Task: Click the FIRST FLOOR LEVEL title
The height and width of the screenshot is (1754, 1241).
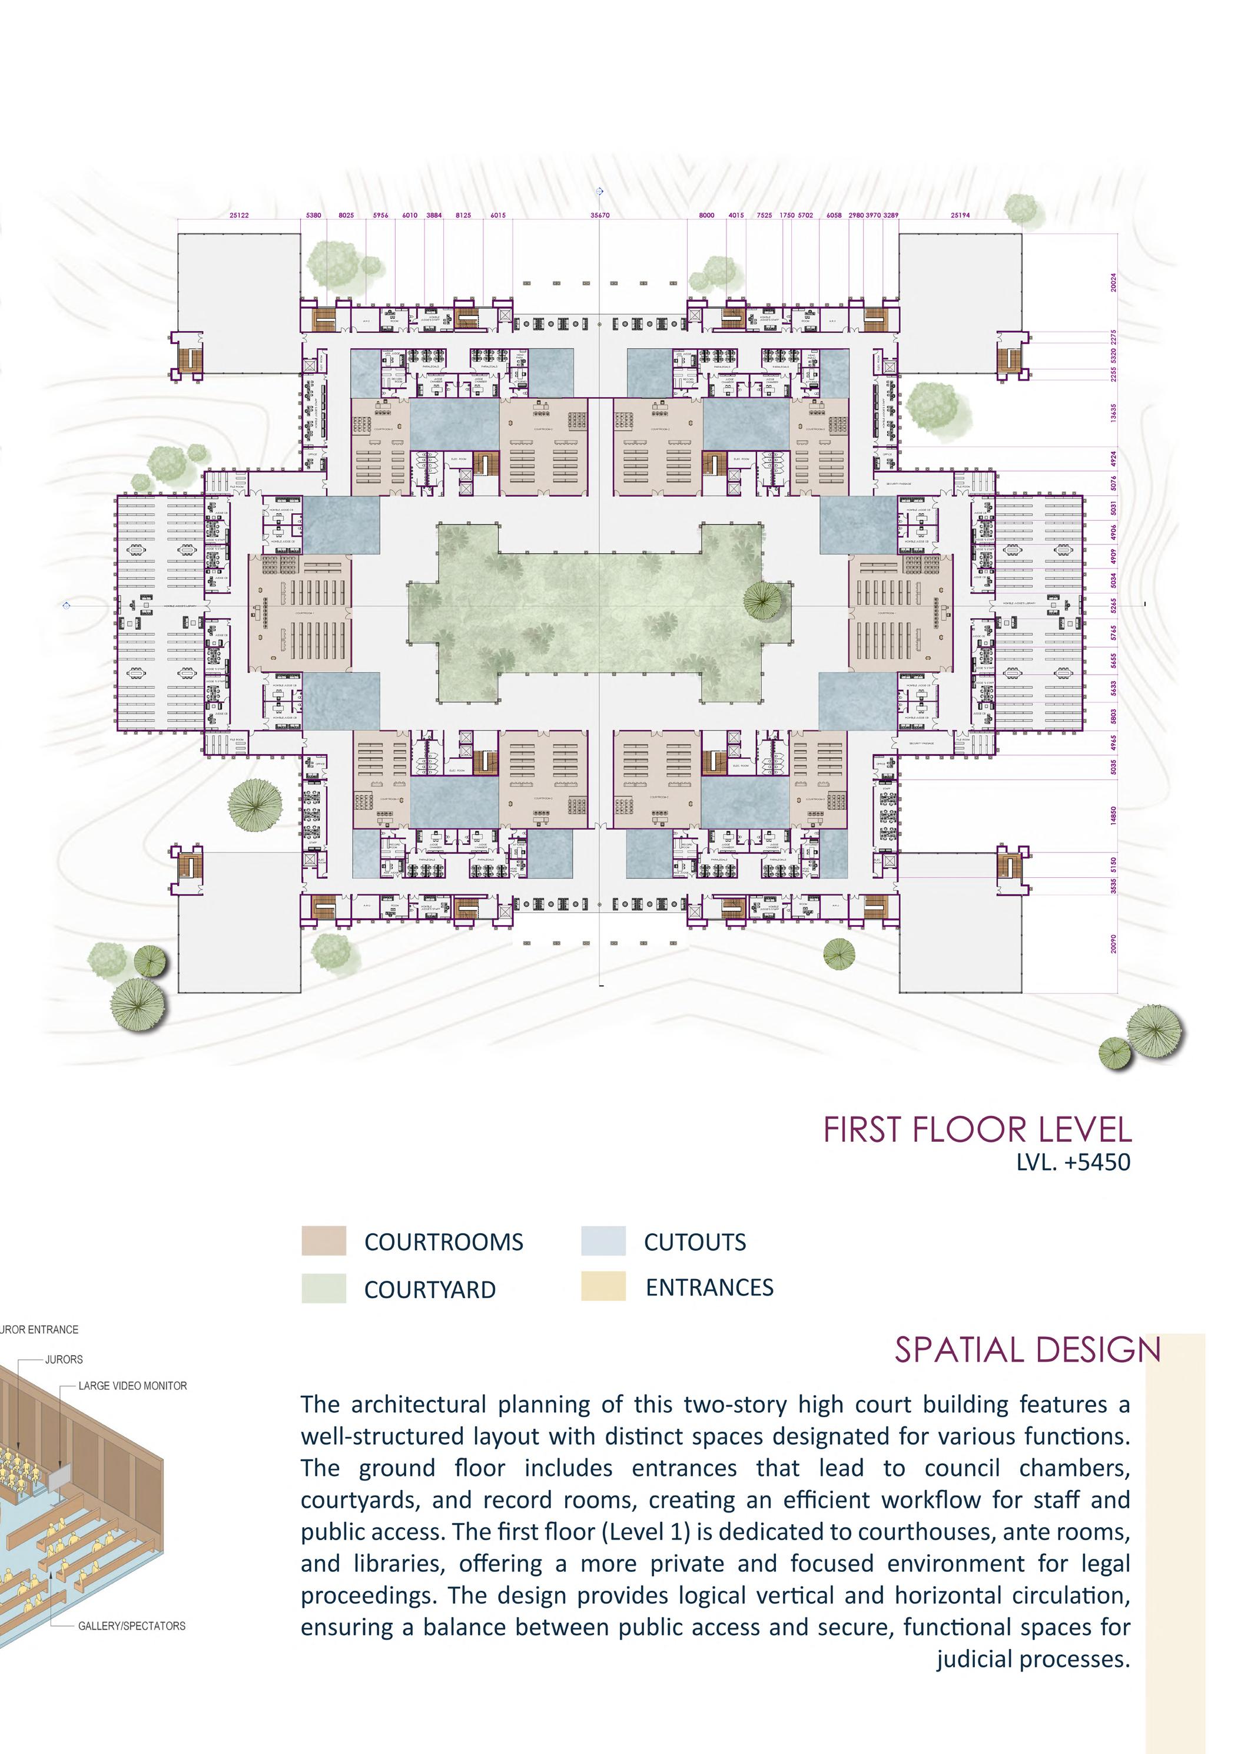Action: (x=977, y=1130)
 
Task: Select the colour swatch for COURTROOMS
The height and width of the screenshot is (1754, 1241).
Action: (x=323, y=1240)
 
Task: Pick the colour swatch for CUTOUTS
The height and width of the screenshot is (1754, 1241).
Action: (x=603, y=1240)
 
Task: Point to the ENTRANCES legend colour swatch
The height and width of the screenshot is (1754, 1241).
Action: (x=603, y=1286)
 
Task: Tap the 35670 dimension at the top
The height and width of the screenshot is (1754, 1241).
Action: (x=600, y=216)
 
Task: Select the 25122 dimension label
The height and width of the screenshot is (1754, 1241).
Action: (x=239, y=216)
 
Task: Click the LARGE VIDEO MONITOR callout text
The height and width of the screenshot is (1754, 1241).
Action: (x=132, y=1385)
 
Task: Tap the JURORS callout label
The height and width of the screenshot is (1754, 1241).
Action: (x=64, y=1359)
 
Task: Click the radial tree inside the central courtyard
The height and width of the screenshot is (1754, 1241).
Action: (x=766, y=600)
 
